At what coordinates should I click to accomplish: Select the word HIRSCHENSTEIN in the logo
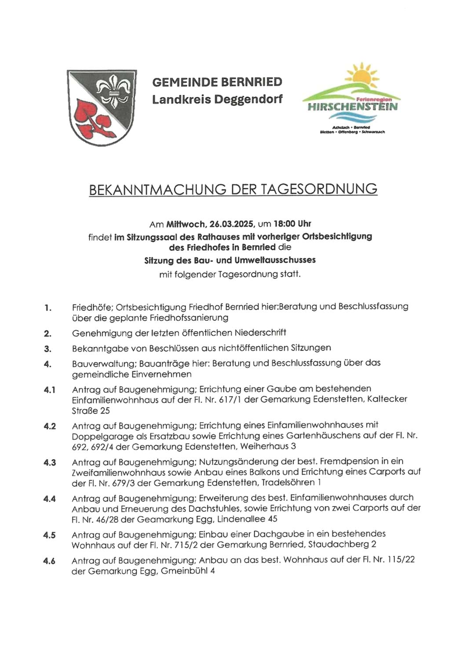[353, 107]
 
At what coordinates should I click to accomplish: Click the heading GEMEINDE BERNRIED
[217, 82]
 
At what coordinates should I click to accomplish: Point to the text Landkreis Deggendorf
[217, 99]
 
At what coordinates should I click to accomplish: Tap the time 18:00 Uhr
[292, 224]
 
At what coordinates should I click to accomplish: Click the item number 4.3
[50, 463]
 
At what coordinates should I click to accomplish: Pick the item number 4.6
[50, 561]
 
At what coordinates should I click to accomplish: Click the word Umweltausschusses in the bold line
[275, 260]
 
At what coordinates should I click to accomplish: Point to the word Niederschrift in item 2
[260, 333]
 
